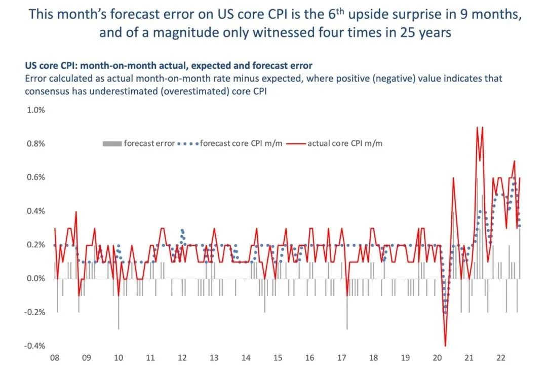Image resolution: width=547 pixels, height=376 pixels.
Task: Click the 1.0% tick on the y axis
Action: [35, 109]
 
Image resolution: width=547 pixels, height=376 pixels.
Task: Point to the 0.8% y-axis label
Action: [35, 143]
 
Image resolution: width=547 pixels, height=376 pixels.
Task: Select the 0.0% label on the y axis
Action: [35, 279]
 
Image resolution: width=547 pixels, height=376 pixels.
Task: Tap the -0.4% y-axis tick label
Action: [34, 346]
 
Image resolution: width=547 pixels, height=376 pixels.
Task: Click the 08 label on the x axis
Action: [55, 358]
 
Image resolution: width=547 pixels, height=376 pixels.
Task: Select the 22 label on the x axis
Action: [500, 358]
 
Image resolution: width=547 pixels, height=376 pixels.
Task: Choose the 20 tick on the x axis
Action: [437, 358]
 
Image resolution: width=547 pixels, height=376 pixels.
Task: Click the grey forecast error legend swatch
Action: [112, 143]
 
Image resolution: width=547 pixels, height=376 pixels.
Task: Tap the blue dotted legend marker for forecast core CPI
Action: [187, 143]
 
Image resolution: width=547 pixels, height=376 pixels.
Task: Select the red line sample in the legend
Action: [296, 143]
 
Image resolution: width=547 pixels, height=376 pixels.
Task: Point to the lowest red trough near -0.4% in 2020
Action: [445, 346]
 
